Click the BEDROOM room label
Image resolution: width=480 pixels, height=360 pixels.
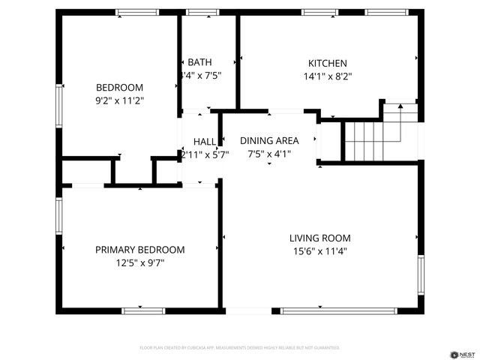(x=119, y=86)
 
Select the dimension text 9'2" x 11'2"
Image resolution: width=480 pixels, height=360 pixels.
(x=119, y=100)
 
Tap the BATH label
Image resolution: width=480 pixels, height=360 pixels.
(x=199, y=62)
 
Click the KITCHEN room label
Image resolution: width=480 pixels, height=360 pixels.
(x=328, y=64)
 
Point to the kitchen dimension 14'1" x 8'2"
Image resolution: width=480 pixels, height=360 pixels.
(x=328, y=76)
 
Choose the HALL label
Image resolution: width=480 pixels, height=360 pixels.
(x=205, y=142)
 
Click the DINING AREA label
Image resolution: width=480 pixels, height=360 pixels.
(x=269, y=141)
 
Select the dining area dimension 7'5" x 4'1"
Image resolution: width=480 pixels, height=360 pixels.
(x=269, y=154)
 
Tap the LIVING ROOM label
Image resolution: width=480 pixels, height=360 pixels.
(x=320, y=238)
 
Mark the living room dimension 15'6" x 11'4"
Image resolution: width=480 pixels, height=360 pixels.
(x=320, y=251)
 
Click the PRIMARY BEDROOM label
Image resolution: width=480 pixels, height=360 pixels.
(x=139, y=250)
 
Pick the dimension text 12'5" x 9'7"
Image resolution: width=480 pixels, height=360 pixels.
(x=139, y=262)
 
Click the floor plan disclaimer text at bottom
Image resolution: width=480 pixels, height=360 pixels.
(x=240, y=348)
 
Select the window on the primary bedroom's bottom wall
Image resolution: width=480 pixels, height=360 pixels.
(x=143, y=310)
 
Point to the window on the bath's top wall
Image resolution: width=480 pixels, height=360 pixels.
(x=199, y=12)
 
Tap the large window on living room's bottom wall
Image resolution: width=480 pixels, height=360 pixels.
(x=338, y=310)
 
